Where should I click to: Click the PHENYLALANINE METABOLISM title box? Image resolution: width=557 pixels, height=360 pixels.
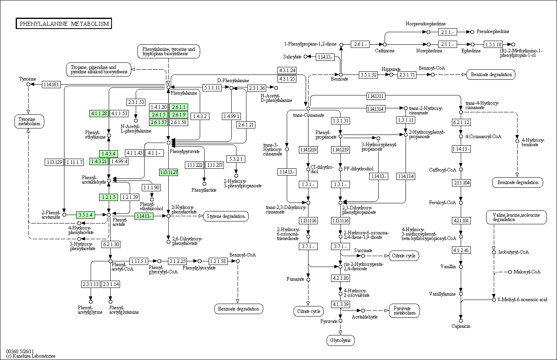point(64,24)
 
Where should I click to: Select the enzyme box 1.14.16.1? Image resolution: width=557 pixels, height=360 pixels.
point(51,85)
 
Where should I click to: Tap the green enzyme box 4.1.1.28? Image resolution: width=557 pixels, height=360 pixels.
point(99,114)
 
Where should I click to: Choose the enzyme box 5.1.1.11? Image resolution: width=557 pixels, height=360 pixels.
point(212,88)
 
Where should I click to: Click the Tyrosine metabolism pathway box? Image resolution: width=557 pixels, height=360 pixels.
point(29,121)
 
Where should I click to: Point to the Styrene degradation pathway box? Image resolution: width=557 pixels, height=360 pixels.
point(226,216)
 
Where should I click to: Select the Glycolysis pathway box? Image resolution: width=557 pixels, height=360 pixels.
point(340,340)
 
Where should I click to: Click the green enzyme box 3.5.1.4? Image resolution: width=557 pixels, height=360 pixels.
point(85,215)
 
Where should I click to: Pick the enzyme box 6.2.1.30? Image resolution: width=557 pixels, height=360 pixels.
point(111,244)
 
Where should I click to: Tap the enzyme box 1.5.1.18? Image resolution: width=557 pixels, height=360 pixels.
point(493,45)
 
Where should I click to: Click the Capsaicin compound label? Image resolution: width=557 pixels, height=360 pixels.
point(461,326)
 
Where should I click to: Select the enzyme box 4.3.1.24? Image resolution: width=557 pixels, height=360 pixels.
point(287,70)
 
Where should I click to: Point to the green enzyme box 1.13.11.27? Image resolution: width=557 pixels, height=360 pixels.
point(169,172)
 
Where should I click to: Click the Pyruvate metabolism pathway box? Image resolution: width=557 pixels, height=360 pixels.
point(404,311)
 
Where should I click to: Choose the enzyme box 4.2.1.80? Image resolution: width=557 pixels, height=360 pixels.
point(340,278)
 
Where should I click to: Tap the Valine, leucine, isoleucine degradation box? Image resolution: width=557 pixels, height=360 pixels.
point(516,217)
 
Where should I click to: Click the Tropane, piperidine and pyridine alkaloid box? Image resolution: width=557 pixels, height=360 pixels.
point(99,69)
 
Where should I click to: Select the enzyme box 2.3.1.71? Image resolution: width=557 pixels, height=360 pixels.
point(407,75)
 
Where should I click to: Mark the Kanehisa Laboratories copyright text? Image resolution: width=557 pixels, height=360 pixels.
point(31,356)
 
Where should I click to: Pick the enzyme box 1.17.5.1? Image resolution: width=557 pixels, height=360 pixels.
point(139,261)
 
